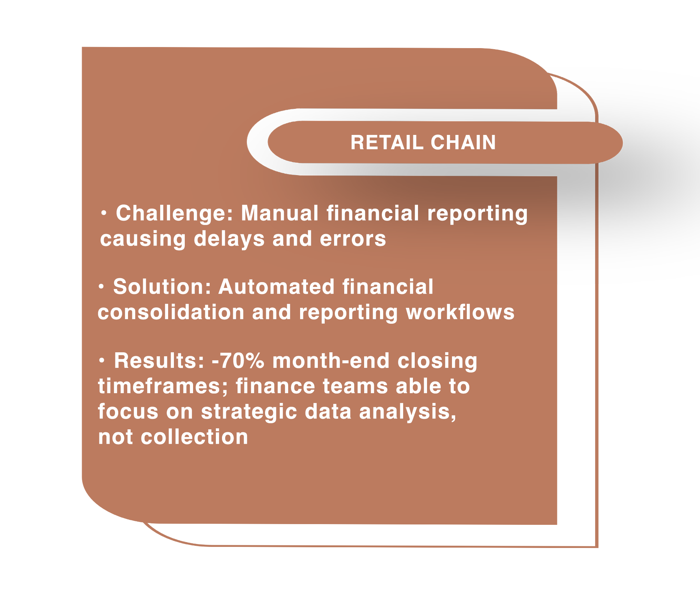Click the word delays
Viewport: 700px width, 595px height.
click(x=229, y=239)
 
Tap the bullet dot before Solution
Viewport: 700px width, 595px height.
click(x=102, y=287)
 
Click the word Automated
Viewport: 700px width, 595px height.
click(x=276, y=287)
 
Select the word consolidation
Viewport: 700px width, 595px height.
click(x=171, y=312)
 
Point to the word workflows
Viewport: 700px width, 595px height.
click(x=460, y=312)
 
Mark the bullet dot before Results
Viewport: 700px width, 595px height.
click(x=102, y=361)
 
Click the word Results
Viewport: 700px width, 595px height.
click(x=159, y=361)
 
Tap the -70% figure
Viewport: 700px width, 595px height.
click(x=238, y=361)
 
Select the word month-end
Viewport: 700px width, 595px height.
click(x=331, y=361)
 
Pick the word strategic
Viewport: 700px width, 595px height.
click(x=249, y=412)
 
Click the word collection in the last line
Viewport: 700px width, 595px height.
click(x=194, y=437)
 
